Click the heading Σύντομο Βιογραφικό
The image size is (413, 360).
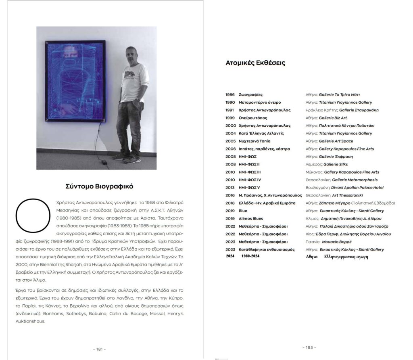pos(99,186)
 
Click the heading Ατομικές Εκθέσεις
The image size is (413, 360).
pos(255,63)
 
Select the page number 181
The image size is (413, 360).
pos(99,349)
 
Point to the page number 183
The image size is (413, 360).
pos(309,347)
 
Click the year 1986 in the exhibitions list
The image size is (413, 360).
pos(230,95)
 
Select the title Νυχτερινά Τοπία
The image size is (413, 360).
pos(254,141)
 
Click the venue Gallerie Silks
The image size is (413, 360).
pos(334,164)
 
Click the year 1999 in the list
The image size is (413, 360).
pos(230,118)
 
